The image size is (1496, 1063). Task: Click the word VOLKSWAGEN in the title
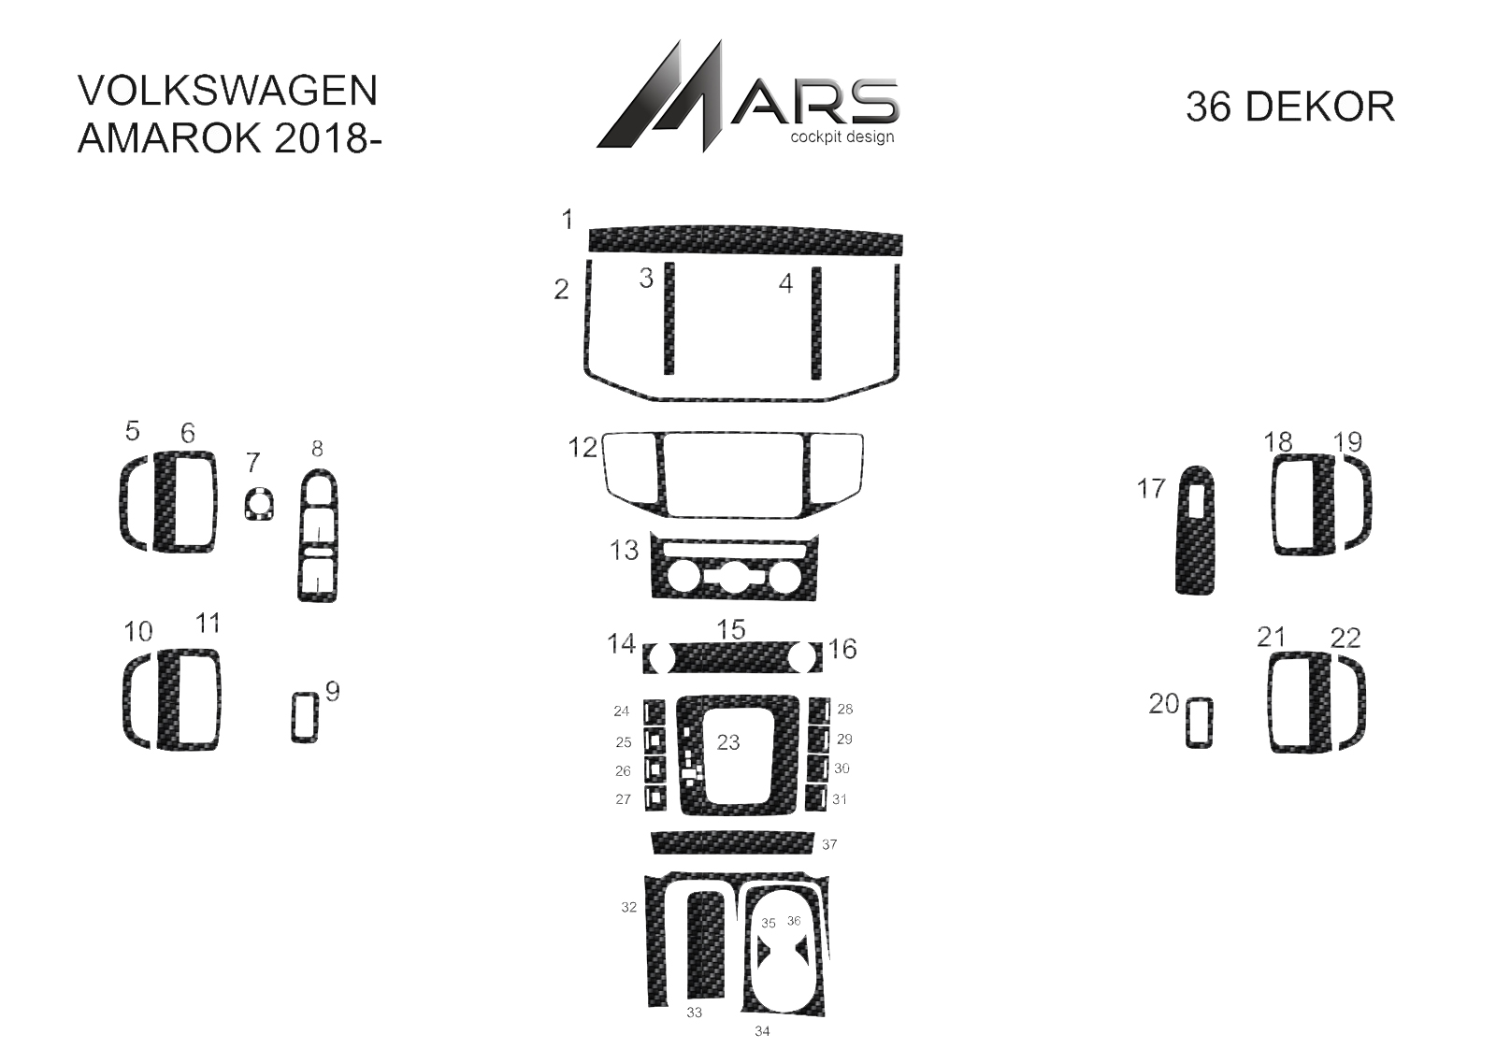click(228, 91)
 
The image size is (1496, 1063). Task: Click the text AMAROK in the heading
click(170, 139)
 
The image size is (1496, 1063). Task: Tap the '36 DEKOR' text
click(1290, 107)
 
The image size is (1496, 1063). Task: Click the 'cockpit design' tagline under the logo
click(842, 137)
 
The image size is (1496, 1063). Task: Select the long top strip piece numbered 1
click(745, 240)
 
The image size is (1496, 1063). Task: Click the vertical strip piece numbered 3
click(669, 318)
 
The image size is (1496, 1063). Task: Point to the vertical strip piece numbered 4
click(816, 323)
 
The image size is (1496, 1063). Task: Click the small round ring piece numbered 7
click(258, 495)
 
